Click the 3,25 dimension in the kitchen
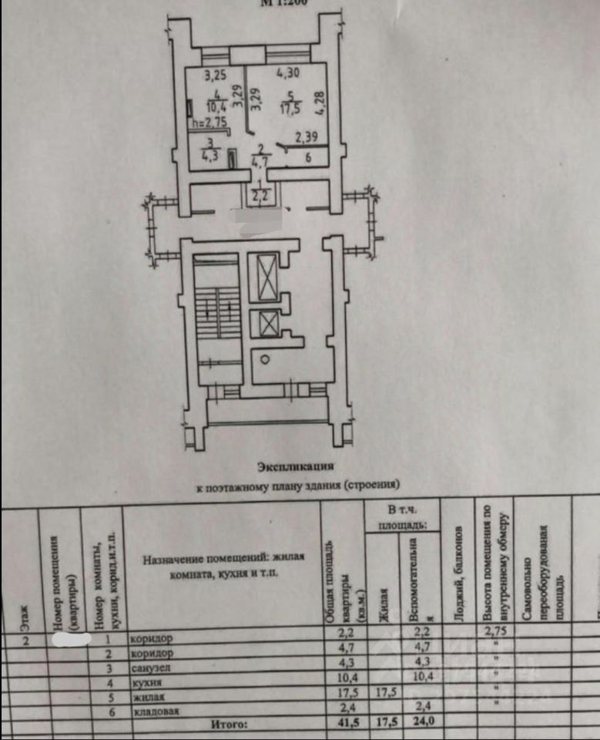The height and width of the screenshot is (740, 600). (215, 76)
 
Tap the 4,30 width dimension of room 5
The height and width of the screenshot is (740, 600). (288, 75)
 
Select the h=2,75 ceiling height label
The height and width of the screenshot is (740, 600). (209, 123)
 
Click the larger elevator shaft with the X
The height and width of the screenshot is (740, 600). (266, 277)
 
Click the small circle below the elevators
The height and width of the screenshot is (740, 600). (264, 358)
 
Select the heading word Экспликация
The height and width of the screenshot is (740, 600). (297, 466)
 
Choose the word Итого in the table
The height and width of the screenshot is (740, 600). (227, 725)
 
